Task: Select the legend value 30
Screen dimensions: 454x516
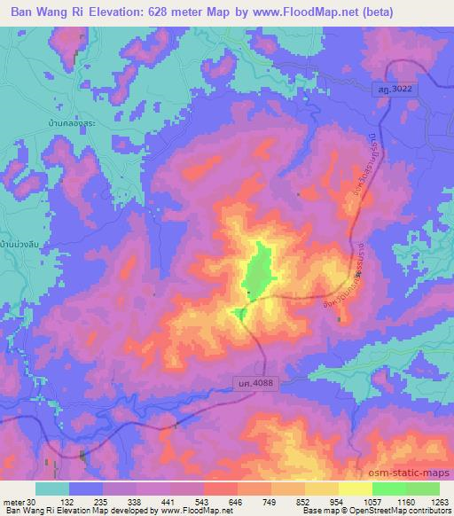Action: [33, 501]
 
